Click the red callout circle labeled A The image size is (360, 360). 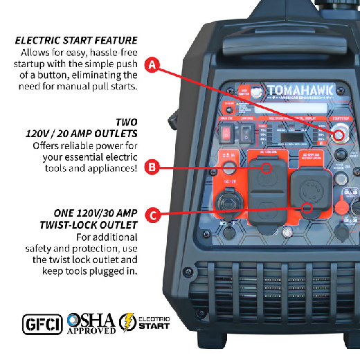pyautogui.click(x=154, y=66)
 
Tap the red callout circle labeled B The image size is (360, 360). pyautogui.click(x=154, y=166)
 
